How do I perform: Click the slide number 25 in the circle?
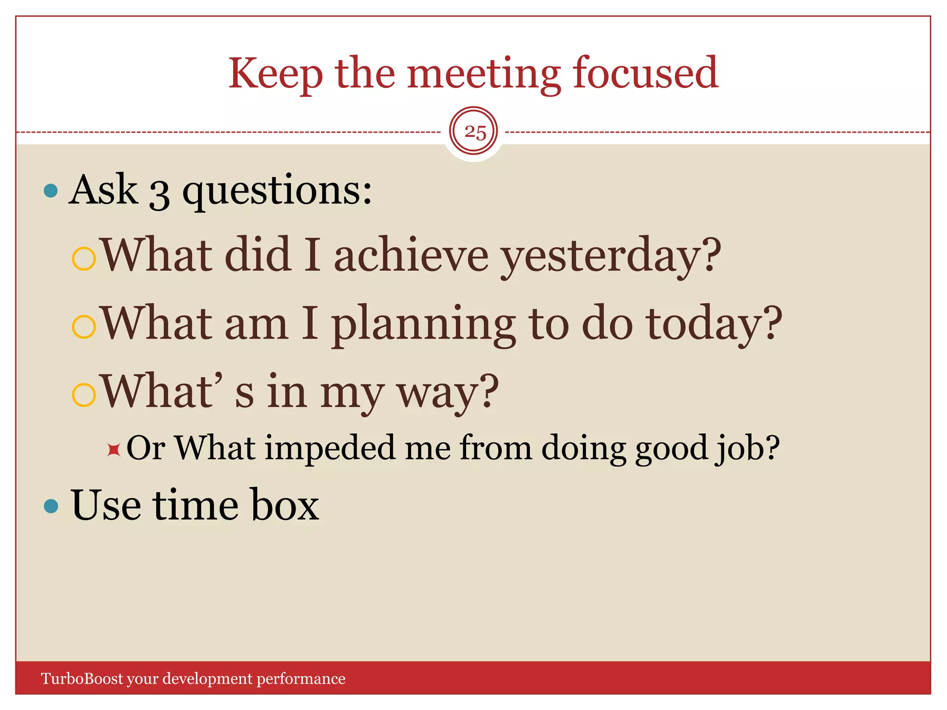(x=474, y=133)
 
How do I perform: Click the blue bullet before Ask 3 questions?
(x=50, y=190)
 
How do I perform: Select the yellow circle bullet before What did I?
(x=84, y=258)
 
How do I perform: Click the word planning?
(x=423, y=324)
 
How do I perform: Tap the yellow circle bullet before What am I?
(x=84, y=326)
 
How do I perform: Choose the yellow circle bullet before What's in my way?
(x=84, y=394)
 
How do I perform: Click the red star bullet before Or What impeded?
(x=113, y=449)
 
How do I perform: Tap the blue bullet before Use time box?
(x=51, y=506)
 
